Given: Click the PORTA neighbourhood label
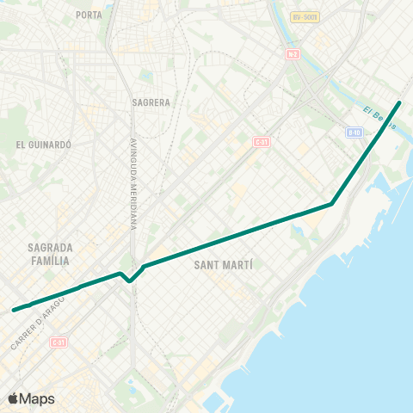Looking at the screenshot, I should coord(89,15).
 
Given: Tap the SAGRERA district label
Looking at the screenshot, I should coord(151,102).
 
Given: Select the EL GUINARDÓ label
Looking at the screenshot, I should coord(42,145).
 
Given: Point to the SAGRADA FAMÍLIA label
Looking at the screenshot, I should coord(51,253).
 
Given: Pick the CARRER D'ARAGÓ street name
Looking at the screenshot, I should coord(39,323).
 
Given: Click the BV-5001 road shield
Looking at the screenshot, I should coord(304,16).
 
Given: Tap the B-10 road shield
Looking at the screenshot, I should coord(354,132).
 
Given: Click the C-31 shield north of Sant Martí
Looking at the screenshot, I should coord(262,141).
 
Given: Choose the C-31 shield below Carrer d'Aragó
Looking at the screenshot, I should coord(59,342).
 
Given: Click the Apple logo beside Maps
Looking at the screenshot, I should coord(15,398).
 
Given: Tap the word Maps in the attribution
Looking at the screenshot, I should coord(38,398).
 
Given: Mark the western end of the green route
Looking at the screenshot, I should coord(14,310).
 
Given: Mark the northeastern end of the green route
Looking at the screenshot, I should coord(399,103).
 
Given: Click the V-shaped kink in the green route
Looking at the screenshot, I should coord(129,280).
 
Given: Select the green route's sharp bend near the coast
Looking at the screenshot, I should coord(332,205).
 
